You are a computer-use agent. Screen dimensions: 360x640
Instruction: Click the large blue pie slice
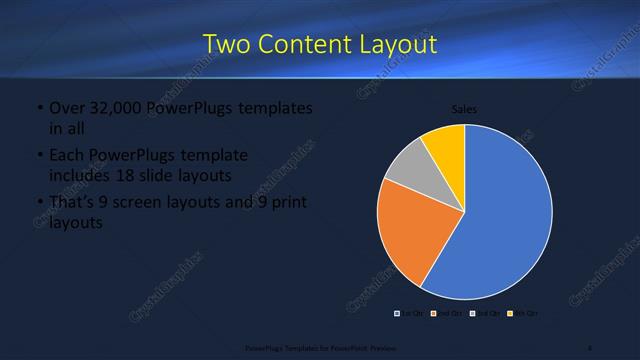505,215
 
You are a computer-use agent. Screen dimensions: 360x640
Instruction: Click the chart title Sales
464,108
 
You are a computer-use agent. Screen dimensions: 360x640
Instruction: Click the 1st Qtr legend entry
409,314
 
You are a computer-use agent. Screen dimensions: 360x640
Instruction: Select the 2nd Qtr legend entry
444,314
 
